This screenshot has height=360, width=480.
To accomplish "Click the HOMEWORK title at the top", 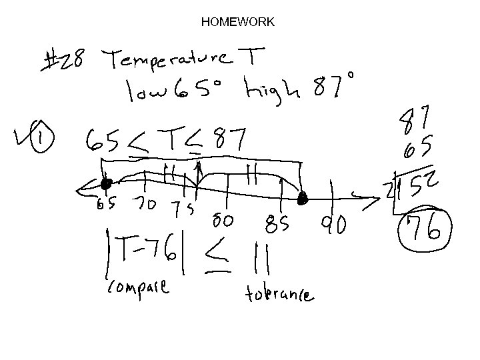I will click(237, 22).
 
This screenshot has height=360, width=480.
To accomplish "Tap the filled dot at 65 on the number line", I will click(105, 184).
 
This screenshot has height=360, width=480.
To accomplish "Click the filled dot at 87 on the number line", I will click(302, 198).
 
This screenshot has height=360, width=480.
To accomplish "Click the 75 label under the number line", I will click(181, 209).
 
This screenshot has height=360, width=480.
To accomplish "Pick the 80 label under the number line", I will click(223, 219).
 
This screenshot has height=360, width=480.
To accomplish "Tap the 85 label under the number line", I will click(277, 225).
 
